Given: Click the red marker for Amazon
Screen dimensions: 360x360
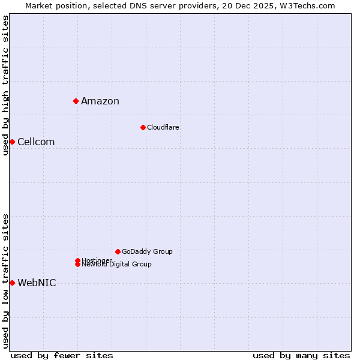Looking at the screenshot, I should (76, 101).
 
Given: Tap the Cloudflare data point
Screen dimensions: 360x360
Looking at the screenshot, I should (143, 127).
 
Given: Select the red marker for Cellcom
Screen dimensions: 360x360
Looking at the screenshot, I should (12, 142).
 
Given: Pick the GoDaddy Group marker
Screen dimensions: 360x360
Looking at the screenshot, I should (118, 251).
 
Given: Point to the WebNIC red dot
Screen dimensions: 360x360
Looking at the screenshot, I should (12, 283).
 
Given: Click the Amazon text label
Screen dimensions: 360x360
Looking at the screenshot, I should (100, 101).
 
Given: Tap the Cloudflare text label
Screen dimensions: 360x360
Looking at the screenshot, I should (163, 127).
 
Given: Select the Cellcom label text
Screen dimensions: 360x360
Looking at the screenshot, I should (36, 142).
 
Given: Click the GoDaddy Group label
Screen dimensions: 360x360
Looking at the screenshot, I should (147, 251).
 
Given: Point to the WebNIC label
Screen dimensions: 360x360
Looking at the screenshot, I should (37, 283).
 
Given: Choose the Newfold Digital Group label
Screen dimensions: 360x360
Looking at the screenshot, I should (117, 265).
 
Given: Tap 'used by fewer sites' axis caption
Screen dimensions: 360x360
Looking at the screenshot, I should (62, 355).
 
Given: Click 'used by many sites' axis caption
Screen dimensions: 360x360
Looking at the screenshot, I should (301, 355).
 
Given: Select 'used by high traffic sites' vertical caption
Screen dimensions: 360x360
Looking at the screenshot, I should (5, 86).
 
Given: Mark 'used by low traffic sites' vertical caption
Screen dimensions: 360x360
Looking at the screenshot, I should (5, 280).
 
